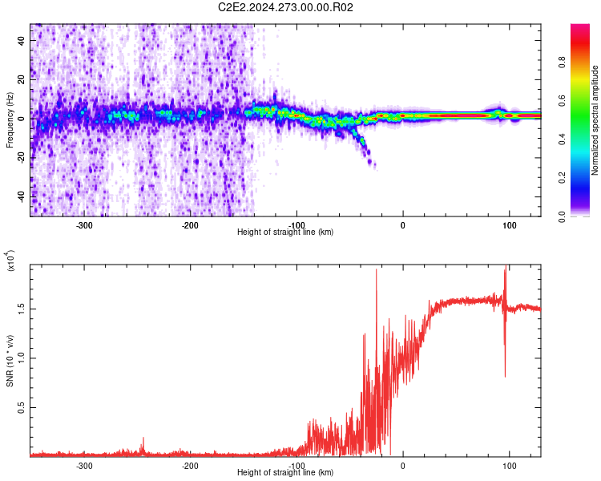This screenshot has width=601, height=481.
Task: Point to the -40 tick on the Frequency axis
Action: pyautogui.click(x=21, y=196)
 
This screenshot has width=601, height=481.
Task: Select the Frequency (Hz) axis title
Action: pyautogui.click(x=10, y=119)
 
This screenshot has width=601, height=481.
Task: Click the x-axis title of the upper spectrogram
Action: pyautogui.click(x=285, y=232)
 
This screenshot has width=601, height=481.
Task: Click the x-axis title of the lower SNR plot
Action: pyautogui.click(x=285, y=472)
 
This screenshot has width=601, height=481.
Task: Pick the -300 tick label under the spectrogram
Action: pyautogui.click(x=85, y=224)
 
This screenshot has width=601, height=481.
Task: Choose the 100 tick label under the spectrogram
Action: pyautogui.click(x=509, y=224)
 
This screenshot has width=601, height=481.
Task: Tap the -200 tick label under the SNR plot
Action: pyautogui.click(x=190, y=465)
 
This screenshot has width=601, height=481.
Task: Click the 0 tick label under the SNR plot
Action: pyautogui.click(x=402, y=465)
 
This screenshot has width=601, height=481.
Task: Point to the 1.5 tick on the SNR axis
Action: pyautogui.click(x=22, y=308)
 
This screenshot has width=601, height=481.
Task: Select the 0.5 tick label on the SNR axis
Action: pyautogui.click(x=22, y=407)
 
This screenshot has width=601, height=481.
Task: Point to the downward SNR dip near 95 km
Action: pyautogui.click(x=505, y=370)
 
